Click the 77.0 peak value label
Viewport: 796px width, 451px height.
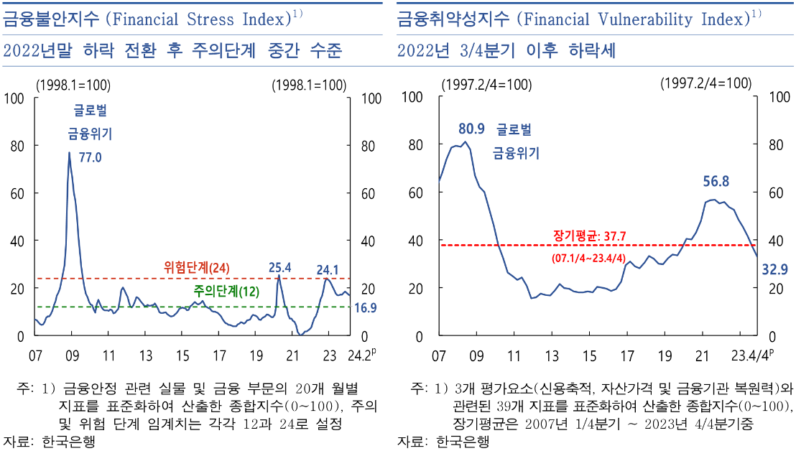[x=90, y=157]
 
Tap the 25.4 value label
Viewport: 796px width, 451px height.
[x=279, y=268]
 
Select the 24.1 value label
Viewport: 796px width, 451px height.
[x=328, y=270]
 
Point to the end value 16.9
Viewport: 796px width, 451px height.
[x=366, y=307]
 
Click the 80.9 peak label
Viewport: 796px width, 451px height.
[x=471, y=129]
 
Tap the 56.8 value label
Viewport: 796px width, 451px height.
[x=716, y=181]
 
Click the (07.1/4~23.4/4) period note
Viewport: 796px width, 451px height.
[x=589, y=256]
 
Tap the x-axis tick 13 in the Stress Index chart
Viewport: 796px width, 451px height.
[x=146, y=355]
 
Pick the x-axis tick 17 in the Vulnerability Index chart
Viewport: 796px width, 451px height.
[x=627, y=355]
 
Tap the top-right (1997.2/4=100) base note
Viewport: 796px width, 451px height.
[x=705, y=83]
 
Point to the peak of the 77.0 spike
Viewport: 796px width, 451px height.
[x=69, y=152]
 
